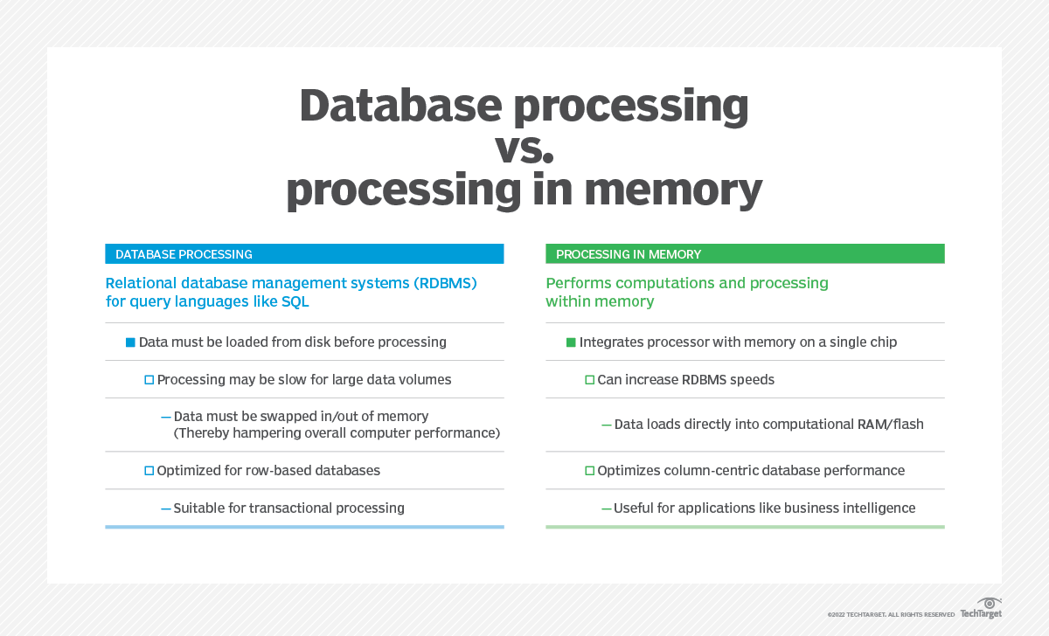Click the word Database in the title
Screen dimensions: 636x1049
click(400, 106)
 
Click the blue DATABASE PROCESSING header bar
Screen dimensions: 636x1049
click(304, 254)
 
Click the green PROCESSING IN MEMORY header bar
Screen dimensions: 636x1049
click(745, 254)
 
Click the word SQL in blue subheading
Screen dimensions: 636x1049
click(295, 302)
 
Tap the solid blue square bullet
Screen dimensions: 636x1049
click(130, 342)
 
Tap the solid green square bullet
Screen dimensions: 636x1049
click(571, 342)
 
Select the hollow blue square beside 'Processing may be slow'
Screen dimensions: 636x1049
click(149, 380)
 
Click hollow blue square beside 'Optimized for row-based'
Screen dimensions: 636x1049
click(149, 471)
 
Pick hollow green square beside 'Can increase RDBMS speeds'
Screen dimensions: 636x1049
click(589, 380)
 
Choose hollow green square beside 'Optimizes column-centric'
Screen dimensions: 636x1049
click(589, 471)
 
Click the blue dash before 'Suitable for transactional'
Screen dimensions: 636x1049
click(165, 508)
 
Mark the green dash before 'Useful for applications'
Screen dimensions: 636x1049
click(606, 508)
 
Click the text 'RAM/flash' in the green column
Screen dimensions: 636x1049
click(892, 425)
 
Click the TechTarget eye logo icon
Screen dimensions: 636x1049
click(990, 603)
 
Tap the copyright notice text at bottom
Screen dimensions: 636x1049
click(891, 615)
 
